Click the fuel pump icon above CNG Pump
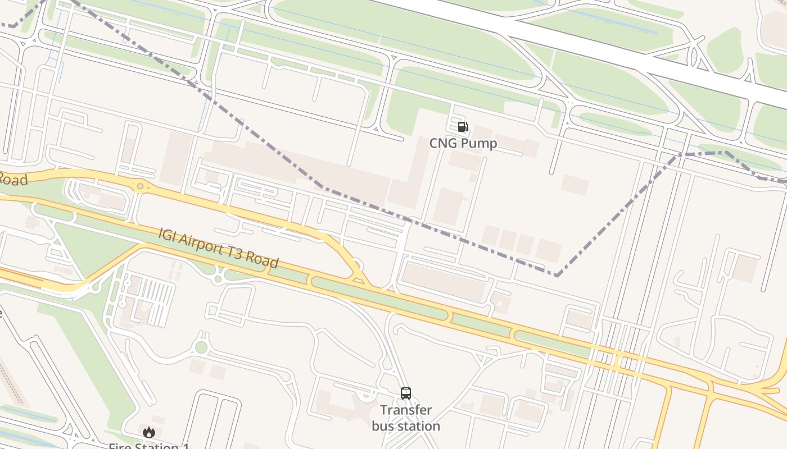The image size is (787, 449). [x=463, y=127]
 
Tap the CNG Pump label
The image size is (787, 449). [x=463, y=144]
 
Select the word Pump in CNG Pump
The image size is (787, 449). [x=478, y=144]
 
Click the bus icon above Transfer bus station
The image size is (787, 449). [x=406, y=393]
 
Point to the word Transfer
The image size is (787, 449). [x=406, y=410]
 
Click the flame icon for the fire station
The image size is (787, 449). [x=148, y=432]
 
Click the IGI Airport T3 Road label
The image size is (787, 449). [x=218, y=248]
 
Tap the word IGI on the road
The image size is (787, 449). [x=167, y=234]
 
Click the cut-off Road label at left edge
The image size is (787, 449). [x=12, y=180]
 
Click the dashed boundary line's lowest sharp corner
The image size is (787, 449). [x=557, y=276]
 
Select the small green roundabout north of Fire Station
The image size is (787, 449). [x=201, y=347]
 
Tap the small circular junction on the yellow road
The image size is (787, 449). [x=140, y=186]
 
